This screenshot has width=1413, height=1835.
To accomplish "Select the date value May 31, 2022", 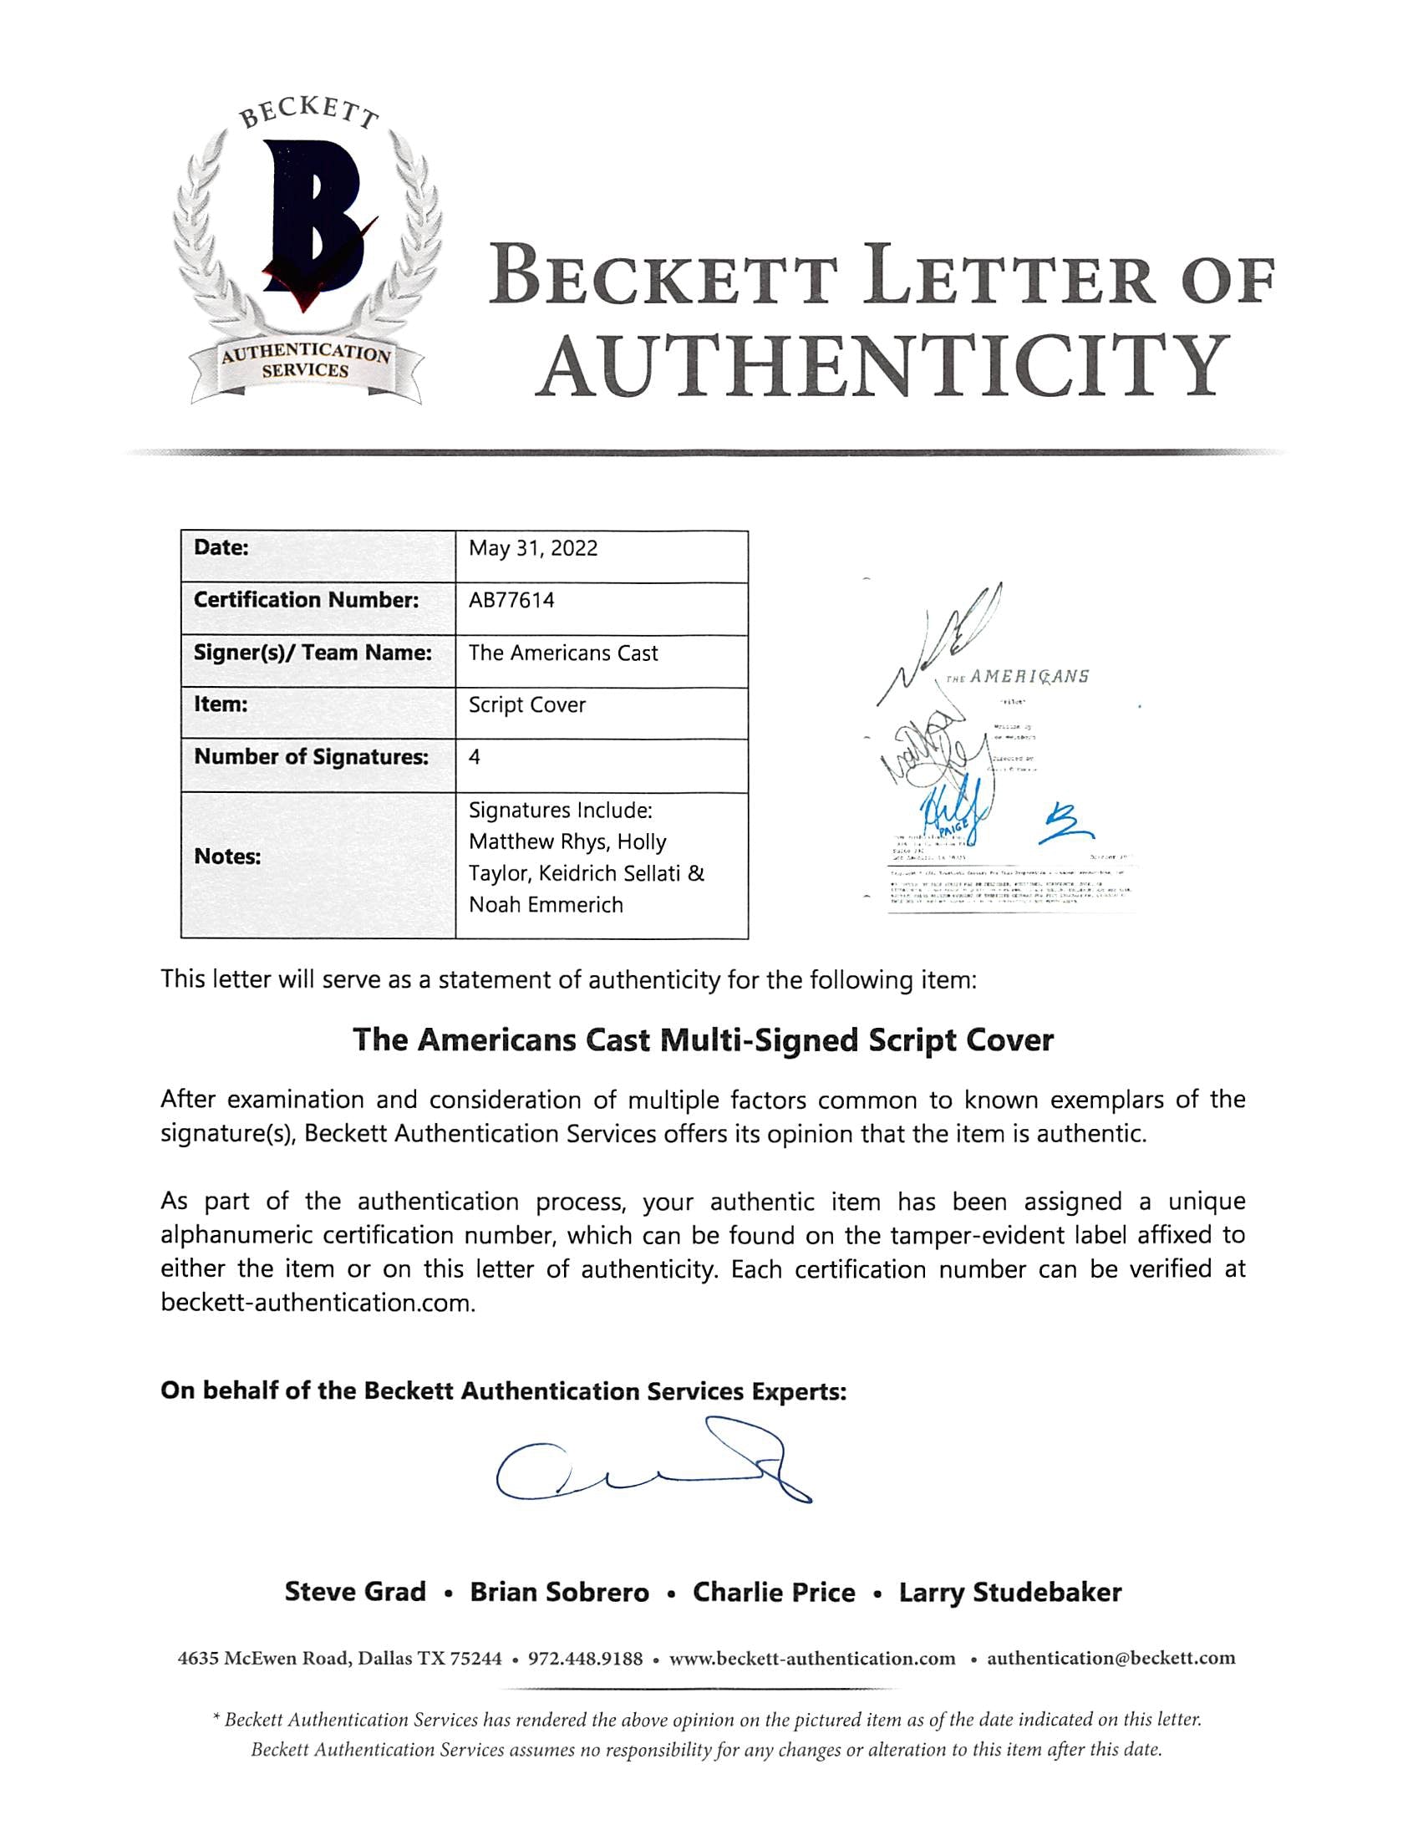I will [x=533, y=549].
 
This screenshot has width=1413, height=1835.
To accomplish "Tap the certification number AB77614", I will [x=511, y=601].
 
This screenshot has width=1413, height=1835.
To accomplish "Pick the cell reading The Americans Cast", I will [x=563, y=653].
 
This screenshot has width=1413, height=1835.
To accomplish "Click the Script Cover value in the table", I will [x=526, y=705].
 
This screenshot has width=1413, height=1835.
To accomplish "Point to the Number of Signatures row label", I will [x=311, y=757].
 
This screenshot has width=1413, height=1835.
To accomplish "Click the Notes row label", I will [x=227, y=857].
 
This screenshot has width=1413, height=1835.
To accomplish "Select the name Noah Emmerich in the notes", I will [x=546, y=905].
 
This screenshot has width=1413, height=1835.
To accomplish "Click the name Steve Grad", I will [x=355, y=1592].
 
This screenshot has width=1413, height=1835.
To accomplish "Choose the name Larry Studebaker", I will [x=1009, y=1592].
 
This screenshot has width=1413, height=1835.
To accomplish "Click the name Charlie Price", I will [x=774, y=1592].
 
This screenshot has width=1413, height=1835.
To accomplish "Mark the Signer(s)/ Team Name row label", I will [x=313, y=653].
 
